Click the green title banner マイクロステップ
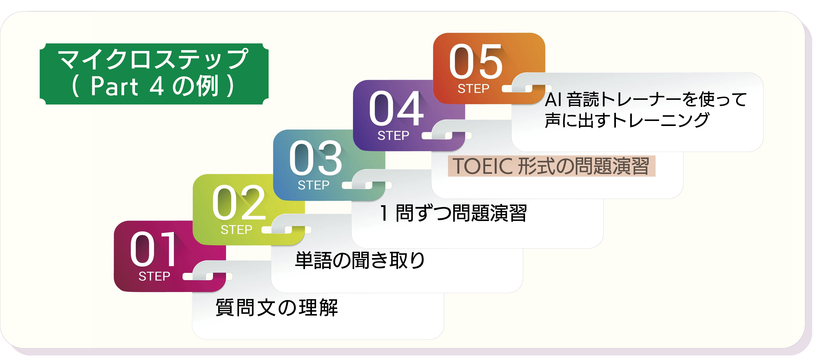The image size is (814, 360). pos(154,74)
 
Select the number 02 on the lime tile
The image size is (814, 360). pos(238,202)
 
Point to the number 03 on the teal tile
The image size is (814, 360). pos(316,158)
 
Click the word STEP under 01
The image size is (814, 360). pos(154,277)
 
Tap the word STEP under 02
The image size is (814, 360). pos(236,230)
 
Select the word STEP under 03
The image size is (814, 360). pos(314,185)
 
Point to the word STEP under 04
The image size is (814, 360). pos(394,135)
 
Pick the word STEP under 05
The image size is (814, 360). pos(473,88)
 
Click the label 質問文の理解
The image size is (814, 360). pos(277,307)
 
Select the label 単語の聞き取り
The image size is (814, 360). pos(360,260)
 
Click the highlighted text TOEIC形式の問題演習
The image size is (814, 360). pos(551,166)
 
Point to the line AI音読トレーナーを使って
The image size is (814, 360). pos(646,100)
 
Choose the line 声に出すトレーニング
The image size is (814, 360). pos(627,120)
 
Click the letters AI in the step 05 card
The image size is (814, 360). pos(553,100)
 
